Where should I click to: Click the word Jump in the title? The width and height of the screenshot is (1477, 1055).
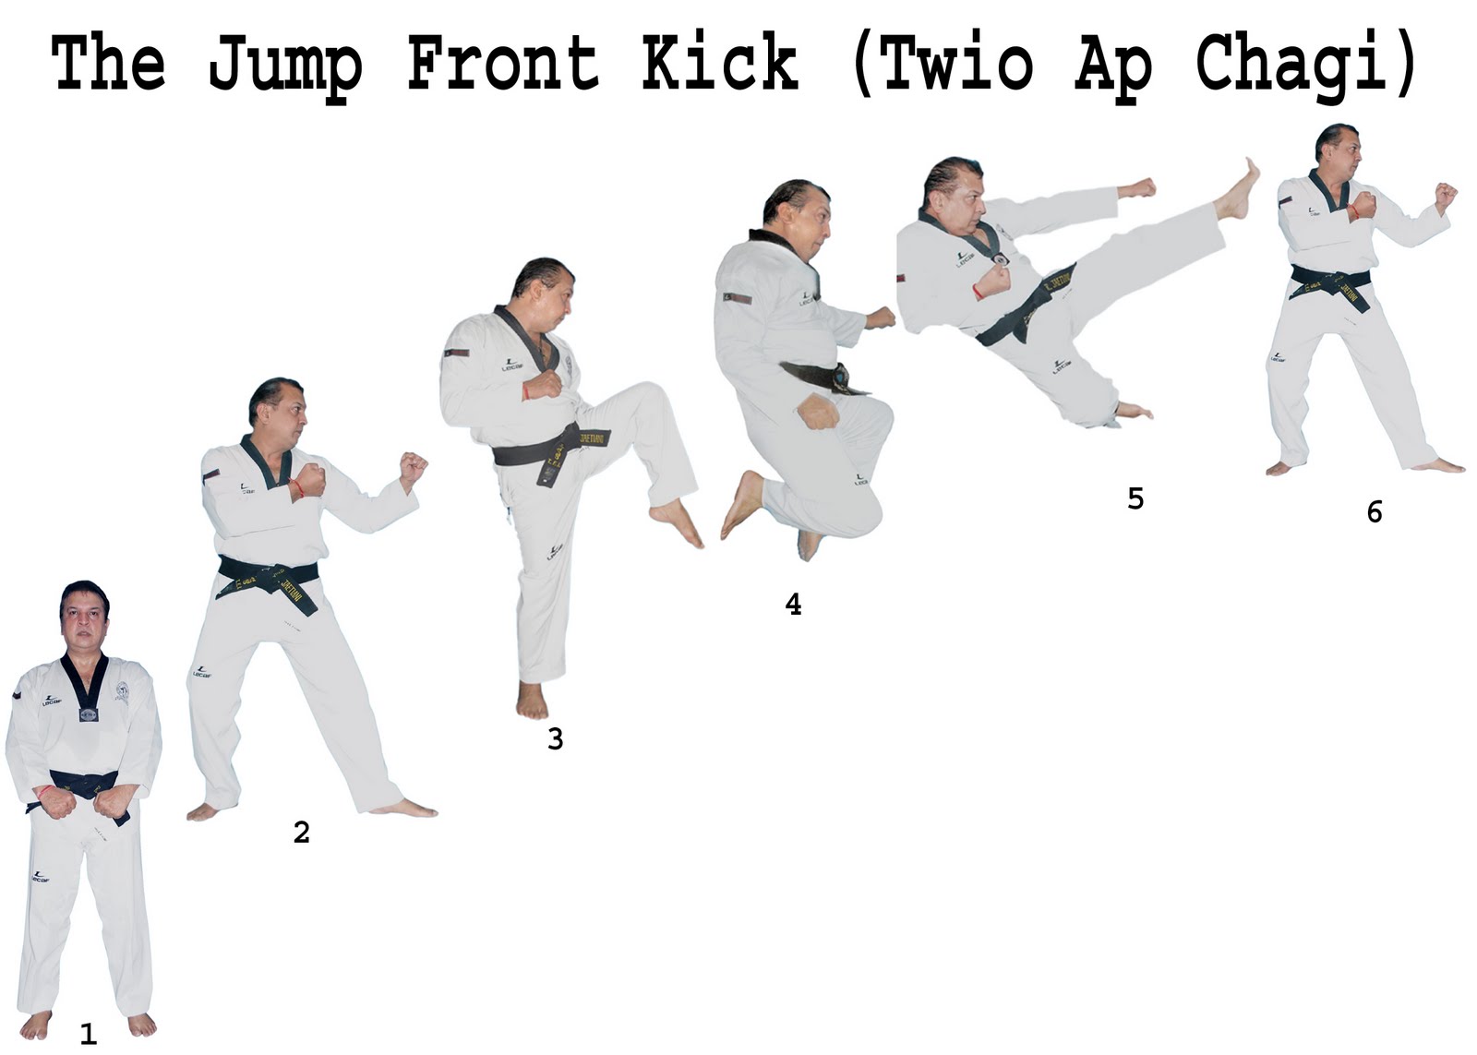click(285, 66)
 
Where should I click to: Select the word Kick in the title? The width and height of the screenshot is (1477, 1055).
click(721, 61)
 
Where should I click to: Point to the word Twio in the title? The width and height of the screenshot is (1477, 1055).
click(957, 61)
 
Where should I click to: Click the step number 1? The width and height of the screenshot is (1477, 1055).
click(89, 1034)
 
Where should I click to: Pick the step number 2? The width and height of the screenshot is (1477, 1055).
click(301, 833)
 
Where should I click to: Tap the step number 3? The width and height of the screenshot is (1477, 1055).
click(555, 740)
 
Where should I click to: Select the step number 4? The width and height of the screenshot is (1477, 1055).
click(793, 604)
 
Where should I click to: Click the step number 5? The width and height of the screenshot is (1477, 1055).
click(1135, 499)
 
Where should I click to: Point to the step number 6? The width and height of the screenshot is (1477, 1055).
click(1375, 511)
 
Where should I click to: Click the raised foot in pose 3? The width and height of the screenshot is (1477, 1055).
click(676, 522)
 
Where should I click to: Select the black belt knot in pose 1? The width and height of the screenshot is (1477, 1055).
click(84, 786)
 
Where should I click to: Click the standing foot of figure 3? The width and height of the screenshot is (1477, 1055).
click(532, 701)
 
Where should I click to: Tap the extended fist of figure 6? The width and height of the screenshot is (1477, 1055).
click(1446, 196)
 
